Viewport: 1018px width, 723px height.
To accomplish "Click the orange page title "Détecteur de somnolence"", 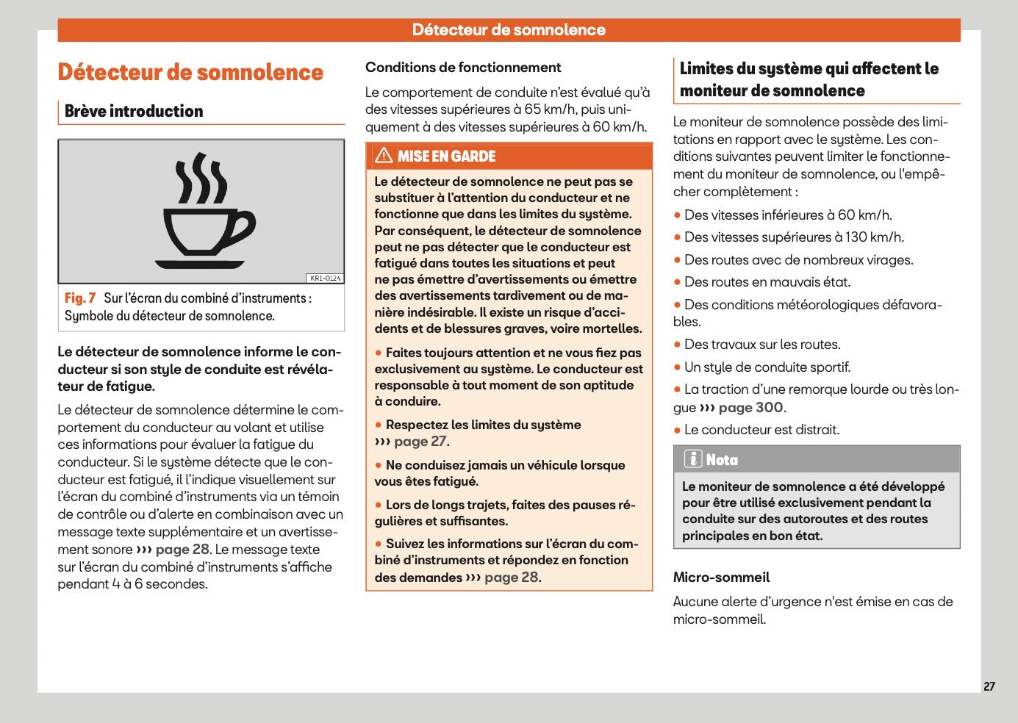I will click(190, 73).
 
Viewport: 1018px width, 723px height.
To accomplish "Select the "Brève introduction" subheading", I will click(134, 112).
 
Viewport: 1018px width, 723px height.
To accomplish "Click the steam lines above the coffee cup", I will click(200, 179).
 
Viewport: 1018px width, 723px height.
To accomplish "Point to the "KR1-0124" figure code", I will click(325, 278).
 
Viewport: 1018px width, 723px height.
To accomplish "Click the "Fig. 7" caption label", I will click(79, 298).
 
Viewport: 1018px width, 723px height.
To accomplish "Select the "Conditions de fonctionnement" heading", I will click(463, 68).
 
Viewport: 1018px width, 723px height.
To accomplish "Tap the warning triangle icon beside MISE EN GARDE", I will click(384, 156).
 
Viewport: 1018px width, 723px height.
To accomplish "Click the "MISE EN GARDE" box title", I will click(446, 157).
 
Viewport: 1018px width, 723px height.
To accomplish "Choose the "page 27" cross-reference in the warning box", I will click(420, 442).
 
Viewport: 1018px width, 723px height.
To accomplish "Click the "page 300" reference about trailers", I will click(750, 408).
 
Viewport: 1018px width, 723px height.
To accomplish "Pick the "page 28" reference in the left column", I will click(182, 550).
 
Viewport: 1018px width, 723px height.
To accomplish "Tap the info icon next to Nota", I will click(692, 459).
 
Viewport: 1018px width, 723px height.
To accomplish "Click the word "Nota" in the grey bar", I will click(722, 460).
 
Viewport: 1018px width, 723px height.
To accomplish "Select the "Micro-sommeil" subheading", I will click(721, 578).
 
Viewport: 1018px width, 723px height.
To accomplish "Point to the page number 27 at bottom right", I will click(989, 686).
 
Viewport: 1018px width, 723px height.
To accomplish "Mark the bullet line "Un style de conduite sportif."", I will click(767, 367).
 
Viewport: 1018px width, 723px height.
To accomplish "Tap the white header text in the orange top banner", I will click(509, 30).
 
